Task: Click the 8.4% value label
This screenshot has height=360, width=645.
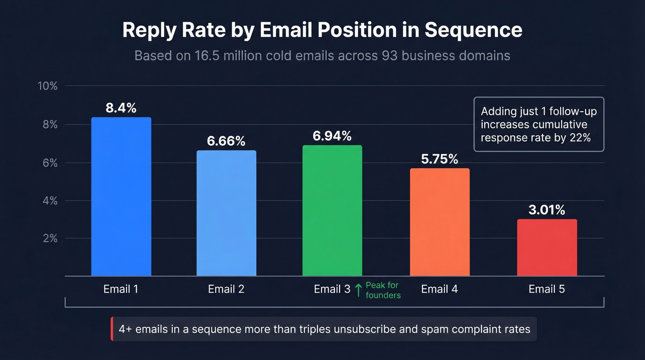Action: coord(121,108)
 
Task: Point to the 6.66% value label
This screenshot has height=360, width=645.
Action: coord(226,141)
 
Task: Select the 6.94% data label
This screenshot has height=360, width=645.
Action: coord(332,136)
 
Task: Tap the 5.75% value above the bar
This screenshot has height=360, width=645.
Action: coord(440,159)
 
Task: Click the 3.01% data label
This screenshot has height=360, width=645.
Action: coord(546,210)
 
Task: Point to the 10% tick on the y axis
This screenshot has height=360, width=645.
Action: coord(47,86)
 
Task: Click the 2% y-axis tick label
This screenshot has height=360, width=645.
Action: coord(50,239)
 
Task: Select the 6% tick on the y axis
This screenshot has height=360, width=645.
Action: coord(50,163)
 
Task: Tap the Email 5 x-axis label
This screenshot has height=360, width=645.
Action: coord(546,289)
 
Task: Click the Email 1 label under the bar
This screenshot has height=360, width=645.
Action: coord(121,289)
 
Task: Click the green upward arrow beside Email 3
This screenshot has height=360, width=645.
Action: coord(358,290)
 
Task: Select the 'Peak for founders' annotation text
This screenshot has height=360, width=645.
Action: coord(382,290)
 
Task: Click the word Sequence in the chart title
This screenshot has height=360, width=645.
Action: coord(473,30)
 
